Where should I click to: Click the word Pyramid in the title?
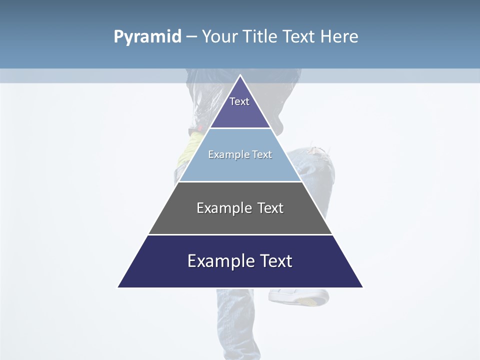(x=147, y=37)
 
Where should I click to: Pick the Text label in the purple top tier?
(x=239, y=101)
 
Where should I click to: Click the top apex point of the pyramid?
(x=240, y=75)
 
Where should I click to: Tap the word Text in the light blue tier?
(x=262, y=154)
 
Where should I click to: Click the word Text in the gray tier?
(x=270, y=208)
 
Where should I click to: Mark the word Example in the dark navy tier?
(x=220, y=261)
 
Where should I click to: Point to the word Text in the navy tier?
(x=276, y=261)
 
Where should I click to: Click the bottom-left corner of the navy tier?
(x=118, y=287)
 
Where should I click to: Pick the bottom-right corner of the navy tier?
(x=362, y=287)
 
